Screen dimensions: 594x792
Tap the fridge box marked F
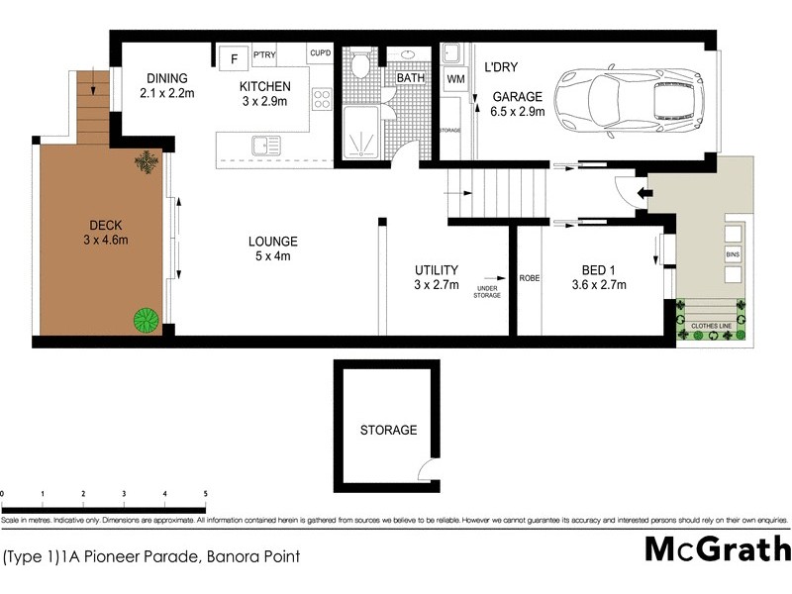point(234,58)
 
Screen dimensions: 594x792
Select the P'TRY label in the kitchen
point(264,54)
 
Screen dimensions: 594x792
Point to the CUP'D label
point(320,53)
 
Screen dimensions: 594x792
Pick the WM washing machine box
point(455,78)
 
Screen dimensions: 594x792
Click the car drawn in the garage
point(629,96)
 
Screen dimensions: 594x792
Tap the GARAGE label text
point(518,97)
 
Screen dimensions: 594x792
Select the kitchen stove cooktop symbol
point(322,99)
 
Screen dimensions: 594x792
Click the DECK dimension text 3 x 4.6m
point(106,240)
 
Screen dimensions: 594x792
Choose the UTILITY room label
point(436,269)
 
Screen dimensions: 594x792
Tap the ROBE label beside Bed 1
point(530,278)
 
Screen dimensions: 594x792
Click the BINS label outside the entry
point(733,254)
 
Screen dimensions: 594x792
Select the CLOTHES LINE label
point(712,322)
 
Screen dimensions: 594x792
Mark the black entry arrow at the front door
point(643,194)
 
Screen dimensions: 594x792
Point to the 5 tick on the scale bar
point(205,493)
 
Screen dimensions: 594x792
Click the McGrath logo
point(718,548)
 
